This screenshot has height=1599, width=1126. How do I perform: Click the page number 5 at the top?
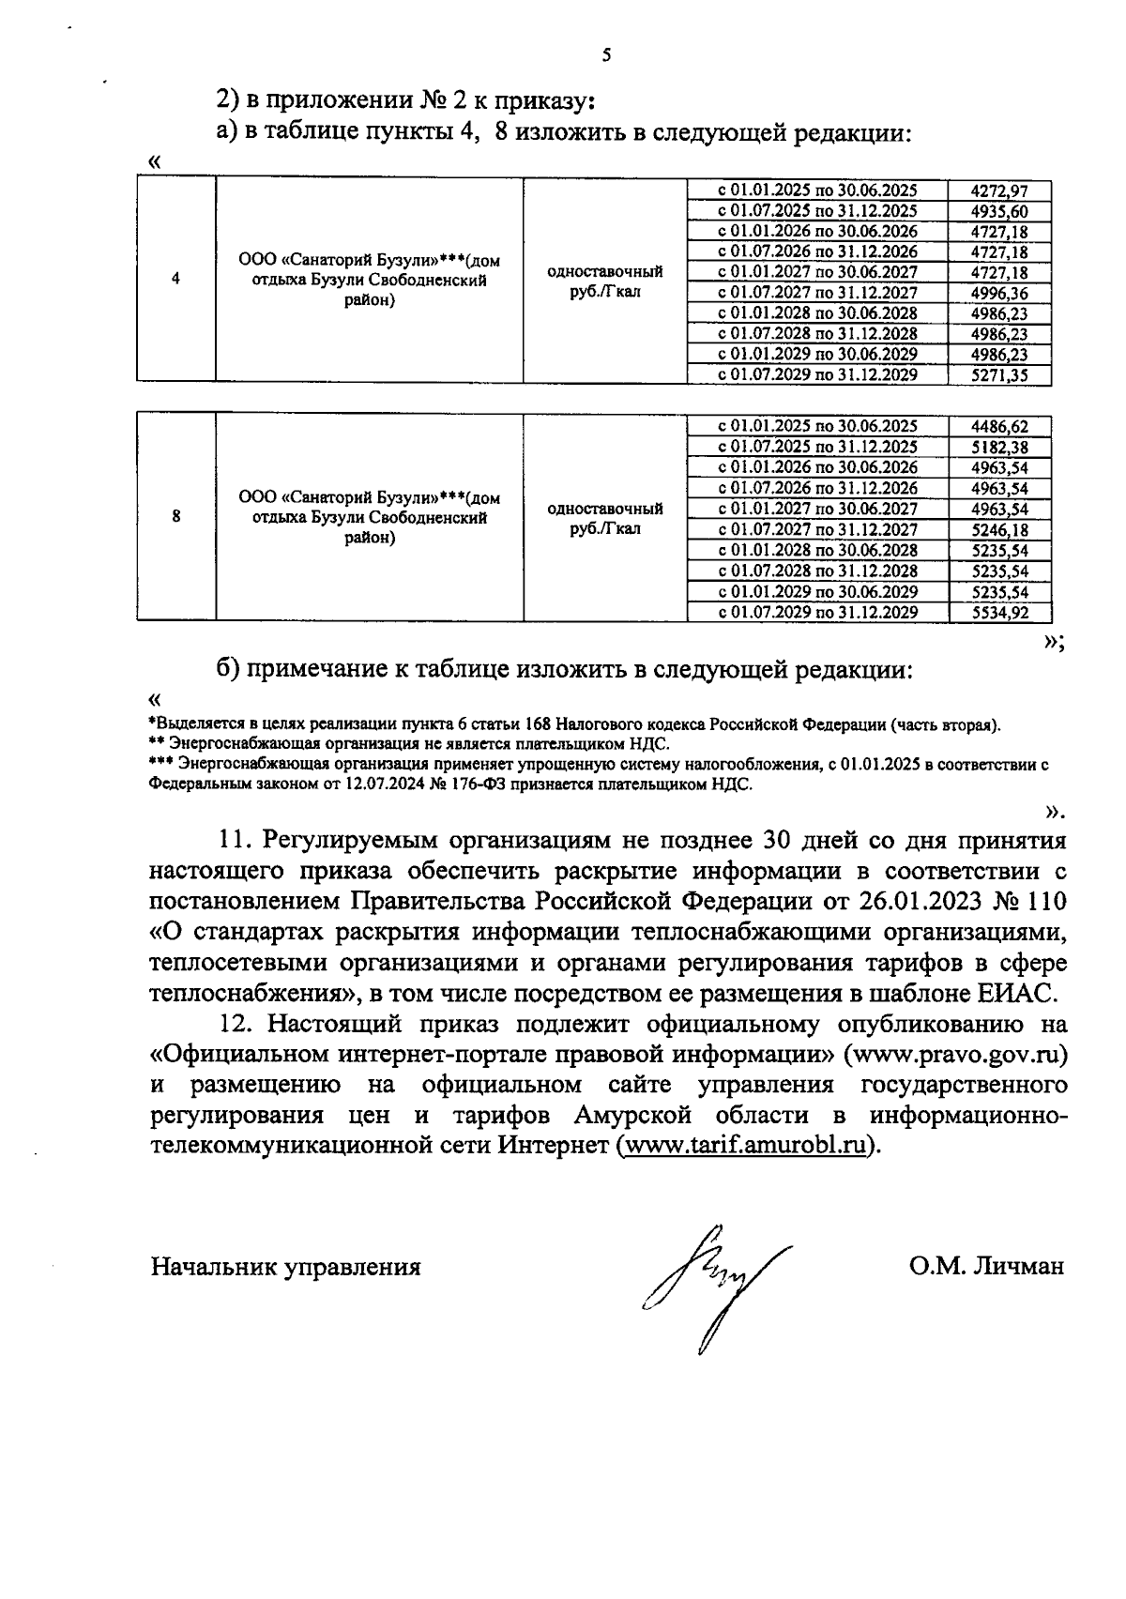[x=605, y=55]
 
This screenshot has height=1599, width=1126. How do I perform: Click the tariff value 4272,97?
[x=999, y=190]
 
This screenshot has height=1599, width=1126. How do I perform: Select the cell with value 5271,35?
[x=999, y=375]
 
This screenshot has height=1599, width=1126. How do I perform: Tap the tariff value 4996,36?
[x=999, y=294]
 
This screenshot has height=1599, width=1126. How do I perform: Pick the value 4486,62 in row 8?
[x=999, y=427]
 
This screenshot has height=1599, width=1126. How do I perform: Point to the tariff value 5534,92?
[x=999, y=613]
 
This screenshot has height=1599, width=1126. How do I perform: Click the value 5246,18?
[x=999, y=530]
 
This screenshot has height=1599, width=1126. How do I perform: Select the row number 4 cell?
[x=176, y=280]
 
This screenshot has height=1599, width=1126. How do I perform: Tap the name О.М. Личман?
[x=985, y=1267]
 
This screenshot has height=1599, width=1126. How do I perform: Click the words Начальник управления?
[x=286, y=1267]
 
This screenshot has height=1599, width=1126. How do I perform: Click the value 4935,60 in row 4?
[x=999, y=211]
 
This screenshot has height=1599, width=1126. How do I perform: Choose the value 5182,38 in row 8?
[x=999, y=448]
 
